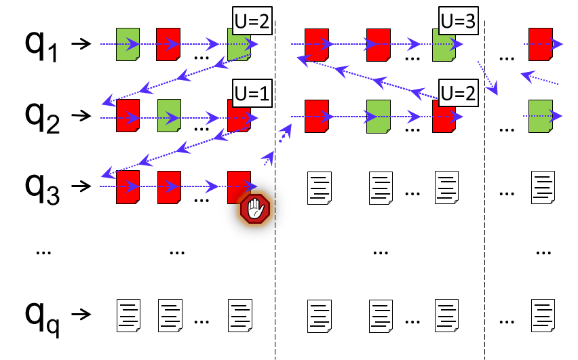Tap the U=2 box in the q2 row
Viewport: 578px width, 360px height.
459,92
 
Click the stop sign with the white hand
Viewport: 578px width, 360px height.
255,209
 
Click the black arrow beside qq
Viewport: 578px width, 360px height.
81,314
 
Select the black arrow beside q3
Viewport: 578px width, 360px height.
81,185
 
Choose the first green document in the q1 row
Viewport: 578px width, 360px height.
128,44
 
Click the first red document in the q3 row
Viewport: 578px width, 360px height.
128,186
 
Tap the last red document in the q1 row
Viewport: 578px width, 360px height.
541,44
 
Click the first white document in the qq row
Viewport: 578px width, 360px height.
129,315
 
